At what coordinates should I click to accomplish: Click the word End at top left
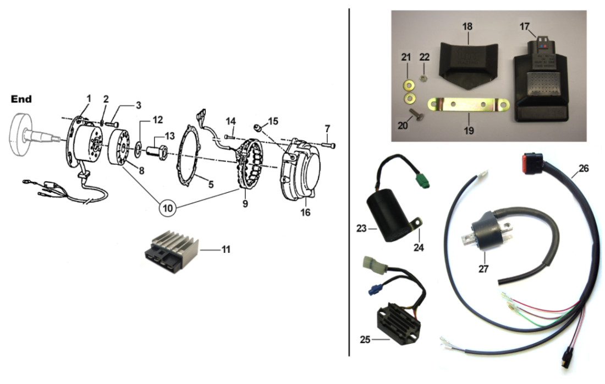pyautogui.click(x=21, y=100)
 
